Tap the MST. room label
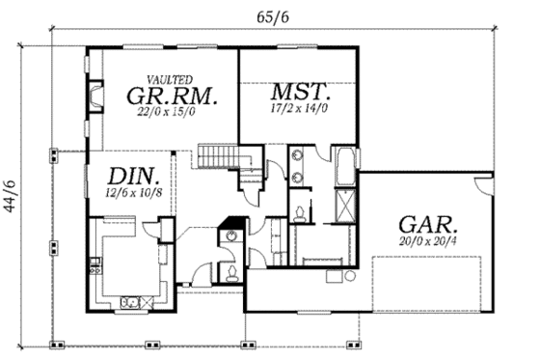click(x=302, y=94)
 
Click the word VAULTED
click(x=170, y=78)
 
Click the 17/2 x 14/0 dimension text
click(x=301, y=110)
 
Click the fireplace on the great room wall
click(x=95, y=97)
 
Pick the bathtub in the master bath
click(x=343, y=168)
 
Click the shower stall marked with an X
click(x=342, y=206)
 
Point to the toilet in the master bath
click(x=303, y=213)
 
